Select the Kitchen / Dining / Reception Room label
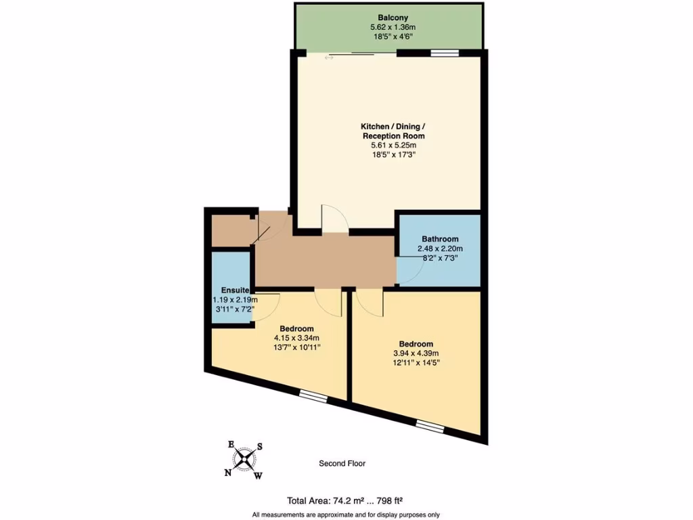click(x=393, y=131)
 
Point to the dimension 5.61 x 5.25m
click(x=393, y=145)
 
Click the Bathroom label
click(x=440, y=239)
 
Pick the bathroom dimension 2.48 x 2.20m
click(x=440, y=248)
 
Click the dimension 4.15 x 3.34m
click(x=296, y=338)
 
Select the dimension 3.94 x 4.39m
click(x=416, y=353)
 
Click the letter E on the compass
click(x=231, y=444)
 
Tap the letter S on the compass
click(x=259, y=447)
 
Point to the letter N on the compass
click(x=228, y=473)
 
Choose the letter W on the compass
click(x=258, y=476)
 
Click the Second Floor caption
click(x=342, y=464)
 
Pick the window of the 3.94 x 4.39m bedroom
click(x=429, y=425)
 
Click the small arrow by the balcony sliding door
click(x=330, y=58)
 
